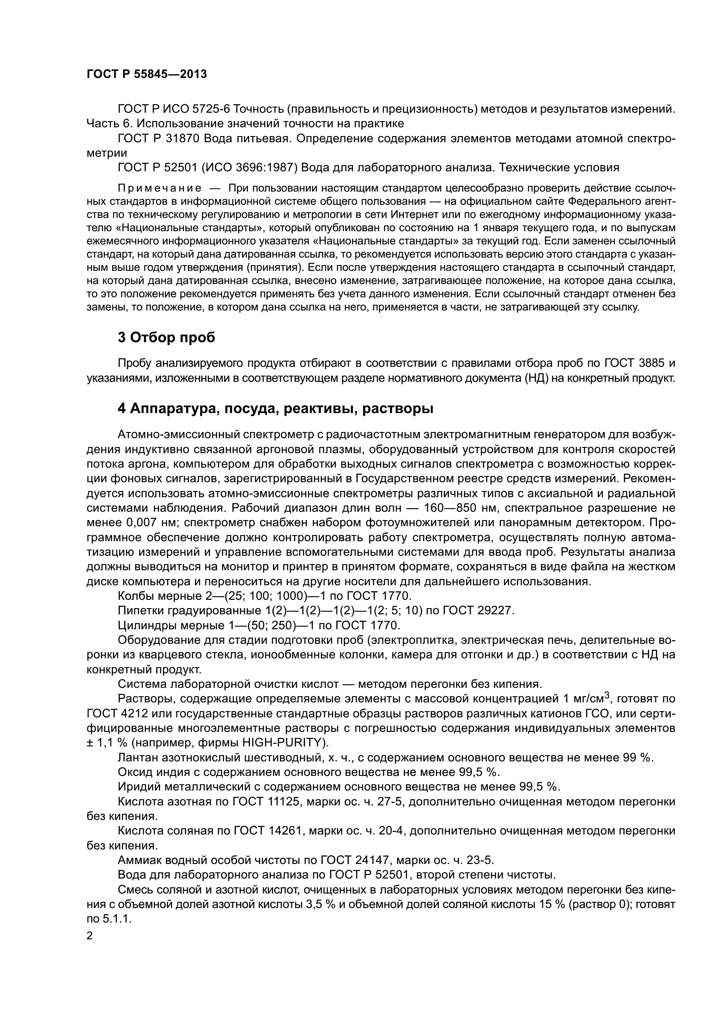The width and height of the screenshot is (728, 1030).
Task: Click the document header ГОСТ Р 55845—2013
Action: click(147, 74)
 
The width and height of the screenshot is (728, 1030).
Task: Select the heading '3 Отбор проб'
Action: click(166, 338)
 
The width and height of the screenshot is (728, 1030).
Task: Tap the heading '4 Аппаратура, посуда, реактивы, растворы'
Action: click(275, 409)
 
